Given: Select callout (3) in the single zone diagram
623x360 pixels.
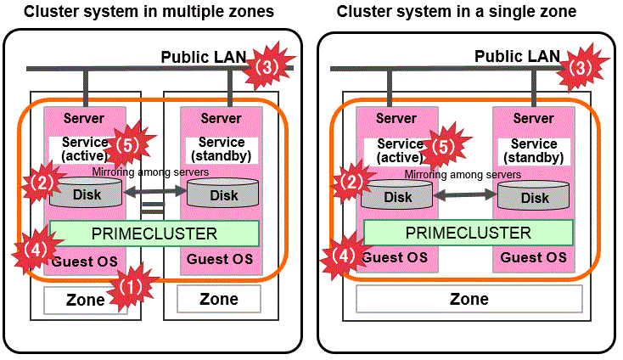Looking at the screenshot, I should pos(580,68).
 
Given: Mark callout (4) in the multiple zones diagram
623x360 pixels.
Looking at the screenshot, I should pos(35,251).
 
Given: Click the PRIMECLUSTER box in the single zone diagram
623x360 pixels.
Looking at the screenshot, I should pos(469,233).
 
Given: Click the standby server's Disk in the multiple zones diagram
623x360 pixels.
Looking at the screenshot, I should pos(224,194).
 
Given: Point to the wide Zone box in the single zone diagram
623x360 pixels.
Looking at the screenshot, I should pos(469,299).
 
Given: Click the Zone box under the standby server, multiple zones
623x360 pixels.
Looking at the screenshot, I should pos(219,299).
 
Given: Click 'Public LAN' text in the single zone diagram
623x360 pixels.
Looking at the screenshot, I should pos(517,56).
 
